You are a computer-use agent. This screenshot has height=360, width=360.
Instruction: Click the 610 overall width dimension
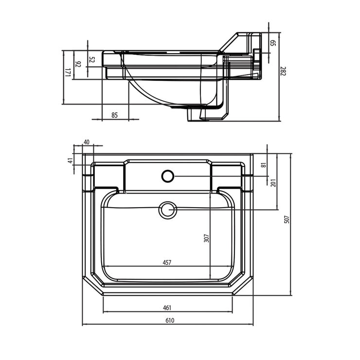coord(169,321)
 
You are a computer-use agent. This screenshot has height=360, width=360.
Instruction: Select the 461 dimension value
coord(166,307)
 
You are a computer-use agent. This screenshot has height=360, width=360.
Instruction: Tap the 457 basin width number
coord(166,262)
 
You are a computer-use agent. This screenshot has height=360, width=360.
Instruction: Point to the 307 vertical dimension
coord(206,238)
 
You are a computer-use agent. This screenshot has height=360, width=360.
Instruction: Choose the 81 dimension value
coord(264,164)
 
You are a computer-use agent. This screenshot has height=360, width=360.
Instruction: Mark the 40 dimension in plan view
coord(87,142)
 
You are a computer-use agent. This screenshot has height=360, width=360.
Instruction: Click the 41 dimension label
coord(70,161)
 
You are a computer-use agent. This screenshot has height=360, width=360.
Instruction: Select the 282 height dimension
coord(282,71)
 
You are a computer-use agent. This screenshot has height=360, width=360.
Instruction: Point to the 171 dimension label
coord(68,73)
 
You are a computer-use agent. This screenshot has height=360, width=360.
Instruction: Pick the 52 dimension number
coord(92,60)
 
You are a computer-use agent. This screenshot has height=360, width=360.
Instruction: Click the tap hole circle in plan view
coord(168,176)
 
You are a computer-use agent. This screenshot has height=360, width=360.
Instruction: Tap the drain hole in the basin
coord(168,210)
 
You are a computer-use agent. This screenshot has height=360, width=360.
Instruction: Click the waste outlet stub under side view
coord(193,115)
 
